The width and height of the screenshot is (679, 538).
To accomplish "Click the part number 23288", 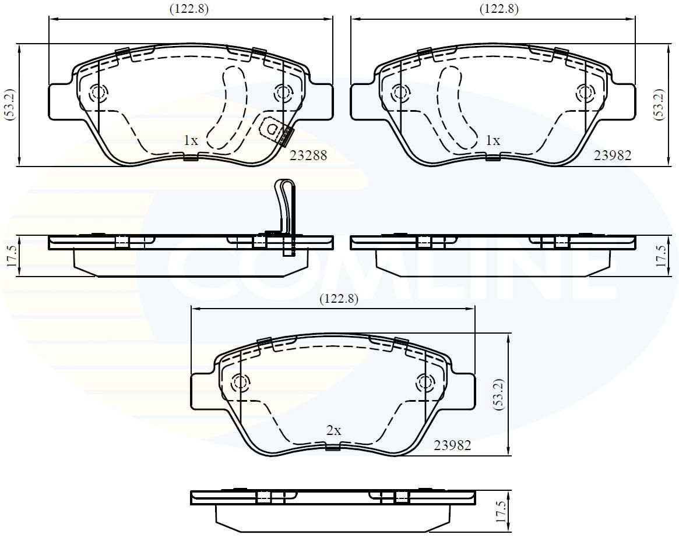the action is tap(308, 155).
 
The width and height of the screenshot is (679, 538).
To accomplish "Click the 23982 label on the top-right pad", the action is tap(613, 155).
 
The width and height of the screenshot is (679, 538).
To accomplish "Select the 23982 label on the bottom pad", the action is tap(452, 445).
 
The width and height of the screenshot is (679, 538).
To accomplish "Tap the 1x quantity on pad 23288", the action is tap(191, 140).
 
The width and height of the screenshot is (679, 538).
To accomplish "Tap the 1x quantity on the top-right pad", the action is tap(493, 140).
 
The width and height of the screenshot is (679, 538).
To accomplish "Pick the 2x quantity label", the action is tap(334, 431).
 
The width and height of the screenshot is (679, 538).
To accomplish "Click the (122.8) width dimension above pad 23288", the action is tap(189, 9).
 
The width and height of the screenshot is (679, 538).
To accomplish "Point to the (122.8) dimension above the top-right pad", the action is tap(499, 9).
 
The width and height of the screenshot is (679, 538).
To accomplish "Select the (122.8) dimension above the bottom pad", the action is tap(339, 299).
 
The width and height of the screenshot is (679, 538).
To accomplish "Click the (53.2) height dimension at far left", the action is tap(10, 104).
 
